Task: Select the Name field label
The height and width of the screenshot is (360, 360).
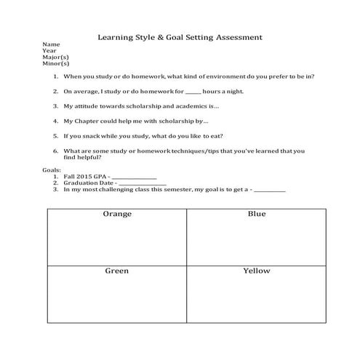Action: click(x=52, y=44)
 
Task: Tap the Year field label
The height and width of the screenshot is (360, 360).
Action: click(x=50, y=51)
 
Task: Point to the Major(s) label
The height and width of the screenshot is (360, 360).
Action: click(x=56, y=57)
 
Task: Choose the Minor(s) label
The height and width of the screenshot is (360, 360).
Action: click(x=56, y=64)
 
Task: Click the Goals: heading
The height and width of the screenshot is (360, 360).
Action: click(x=53, y=169)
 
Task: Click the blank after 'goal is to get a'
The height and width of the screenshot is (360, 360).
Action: click(x=270, y=190)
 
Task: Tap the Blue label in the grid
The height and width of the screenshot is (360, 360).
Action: click(x=257, y=214)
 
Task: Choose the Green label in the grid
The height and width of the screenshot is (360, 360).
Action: click(x=116, y=271)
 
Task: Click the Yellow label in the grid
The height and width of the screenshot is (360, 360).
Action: click(x=257, y=271)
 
